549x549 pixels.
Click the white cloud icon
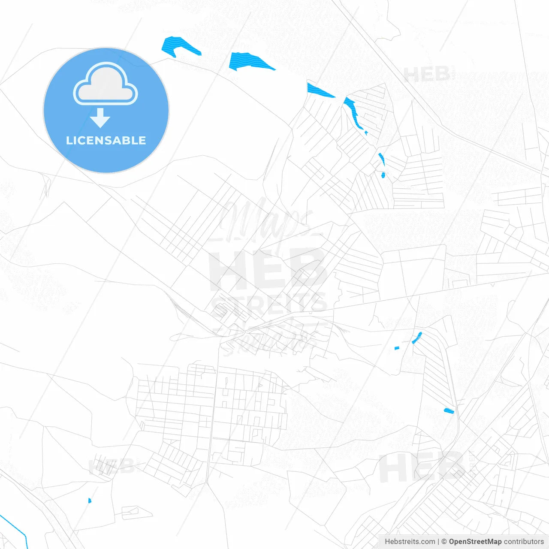click(x=106, y=84)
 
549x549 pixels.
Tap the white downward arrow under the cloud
click(x=100, y=118)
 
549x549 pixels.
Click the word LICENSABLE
click(x=106, y=141)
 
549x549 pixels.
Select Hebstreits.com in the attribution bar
click(x=410, y=542)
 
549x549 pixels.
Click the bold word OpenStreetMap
click(x=475, y=542)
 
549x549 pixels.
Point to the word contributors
click(x=524, y=542)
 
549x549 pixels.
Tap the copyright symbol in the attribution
click(x=444, y=542)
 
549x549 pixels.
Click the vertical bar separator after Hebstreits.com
click(x=438, y=542)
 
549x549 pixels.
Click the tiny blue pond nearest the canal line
click(x=90, y=501)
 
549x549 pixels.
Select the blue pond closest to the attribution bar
click(x=449, y=411)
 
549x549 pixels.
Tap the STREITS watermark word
click(x=269, y=304)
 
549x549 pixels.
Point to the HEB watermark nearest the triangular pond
click(x=427, y=75)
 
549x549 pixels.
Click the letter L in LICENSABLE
click(x=69, y=141)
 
